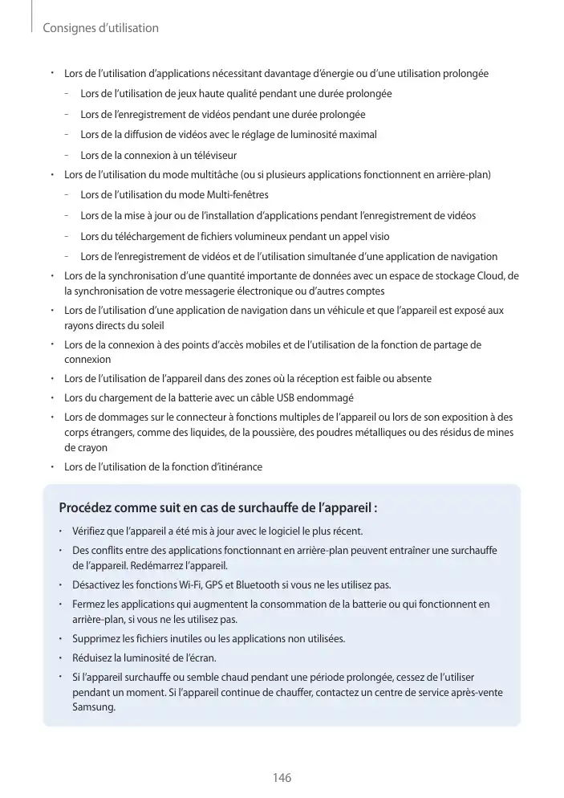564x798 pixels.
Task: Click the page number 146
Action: pyautogui.click(x=282, y=778)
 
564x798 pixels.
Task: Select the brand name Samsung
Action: pyautogui.click(x=93, y=707)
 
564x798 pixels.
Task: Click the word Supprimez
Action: pyautogui.click(x=97, y=639)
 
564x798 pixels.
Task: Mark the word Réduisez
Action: pyautogui.click(x=94, y=658)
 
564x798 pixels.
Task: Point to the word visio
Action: pyautogui.click(x=377, y=236)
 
